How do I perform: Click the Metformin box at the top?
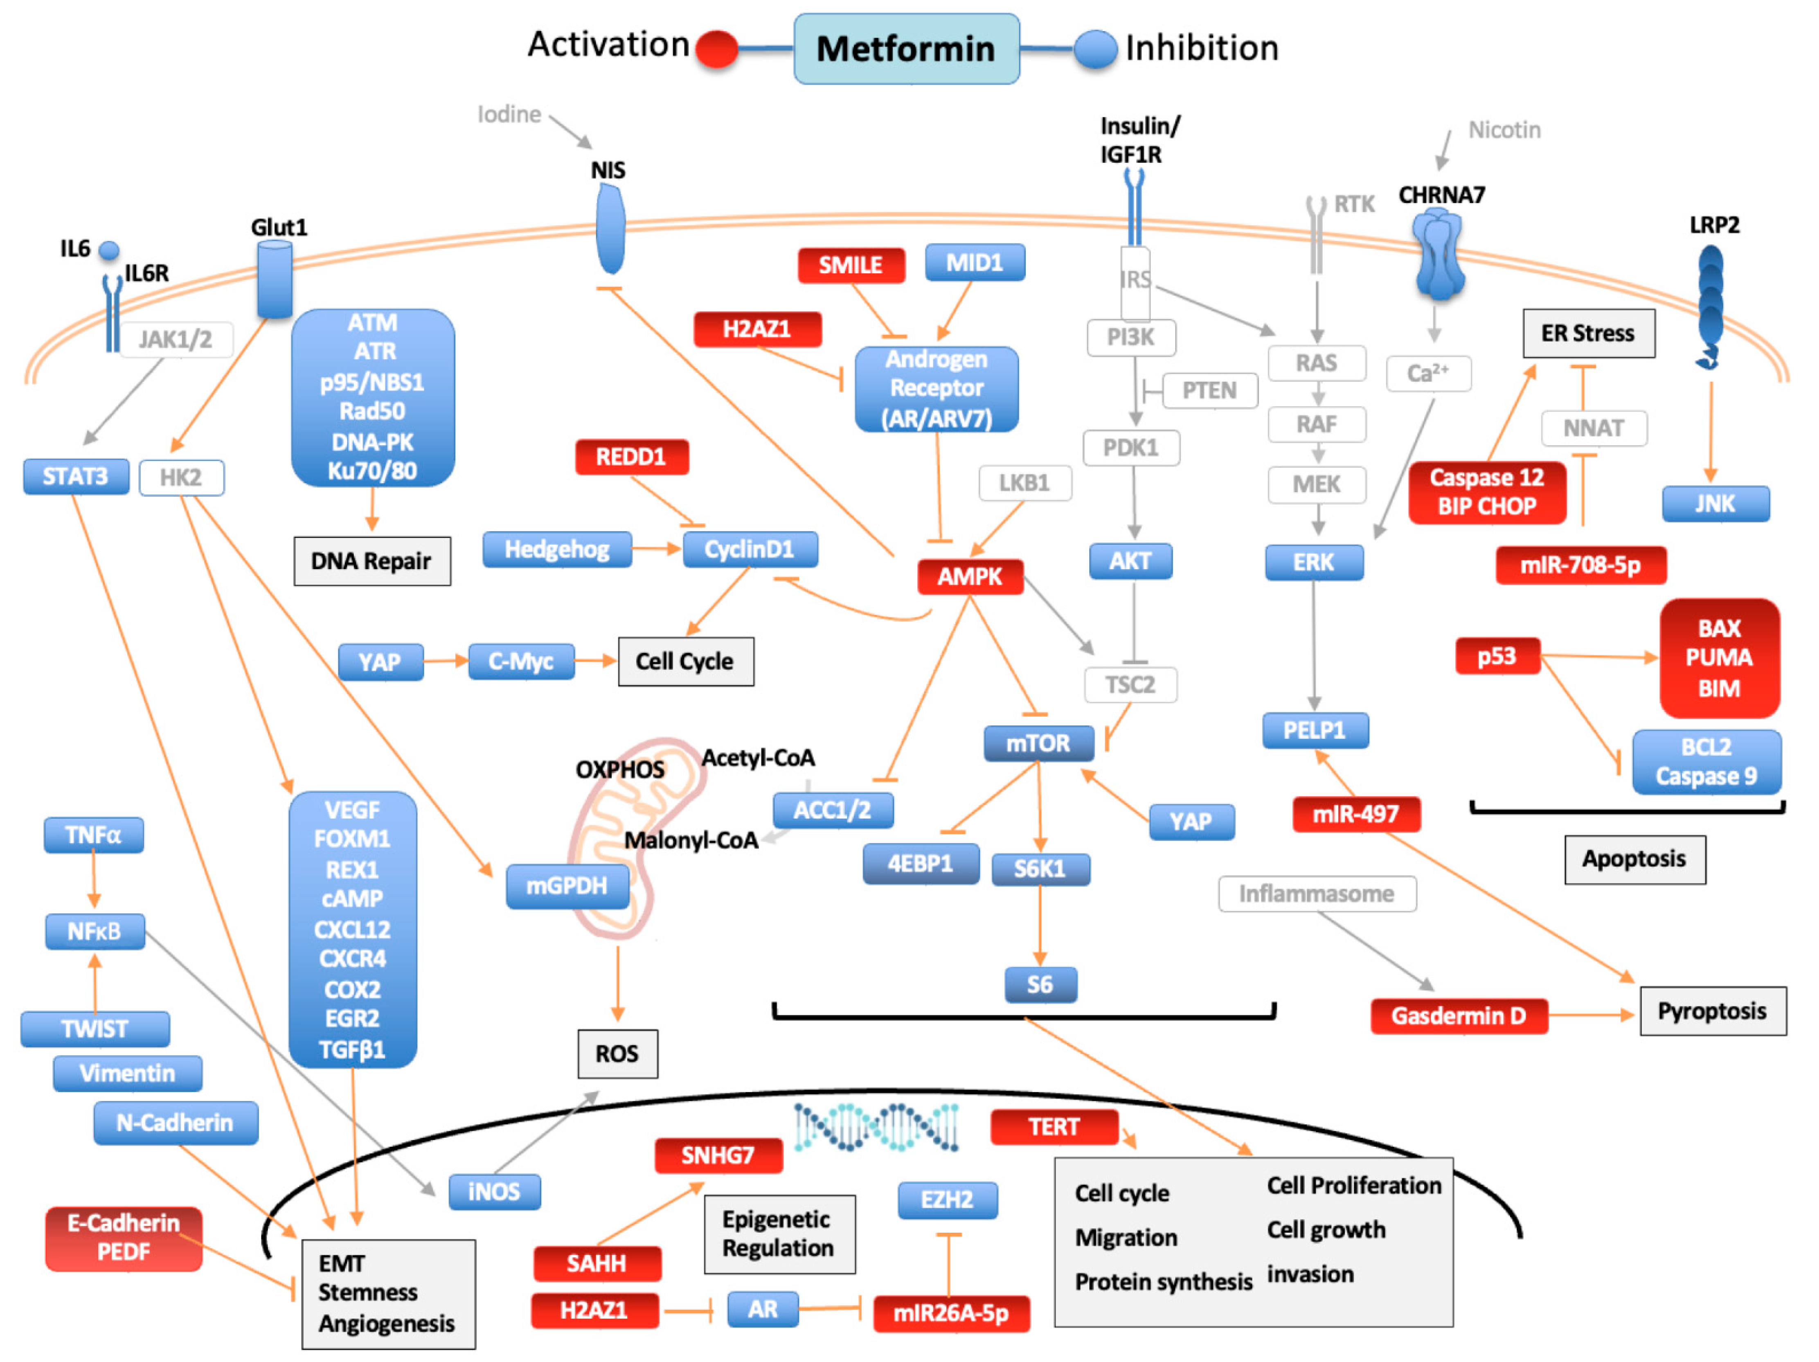[x=906, y=49]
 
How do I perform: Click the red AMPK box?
[x=970, y=576]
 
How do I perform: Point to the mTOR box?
[x=1038, y=743]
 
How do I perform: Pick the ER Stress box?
[x=1588, y=333]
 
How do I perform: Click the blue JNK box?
[x=1715, y=503]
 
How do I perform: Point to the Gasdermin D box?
[x=1458, y=1016]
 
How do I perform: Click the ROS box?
[x=617, y=1054]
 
